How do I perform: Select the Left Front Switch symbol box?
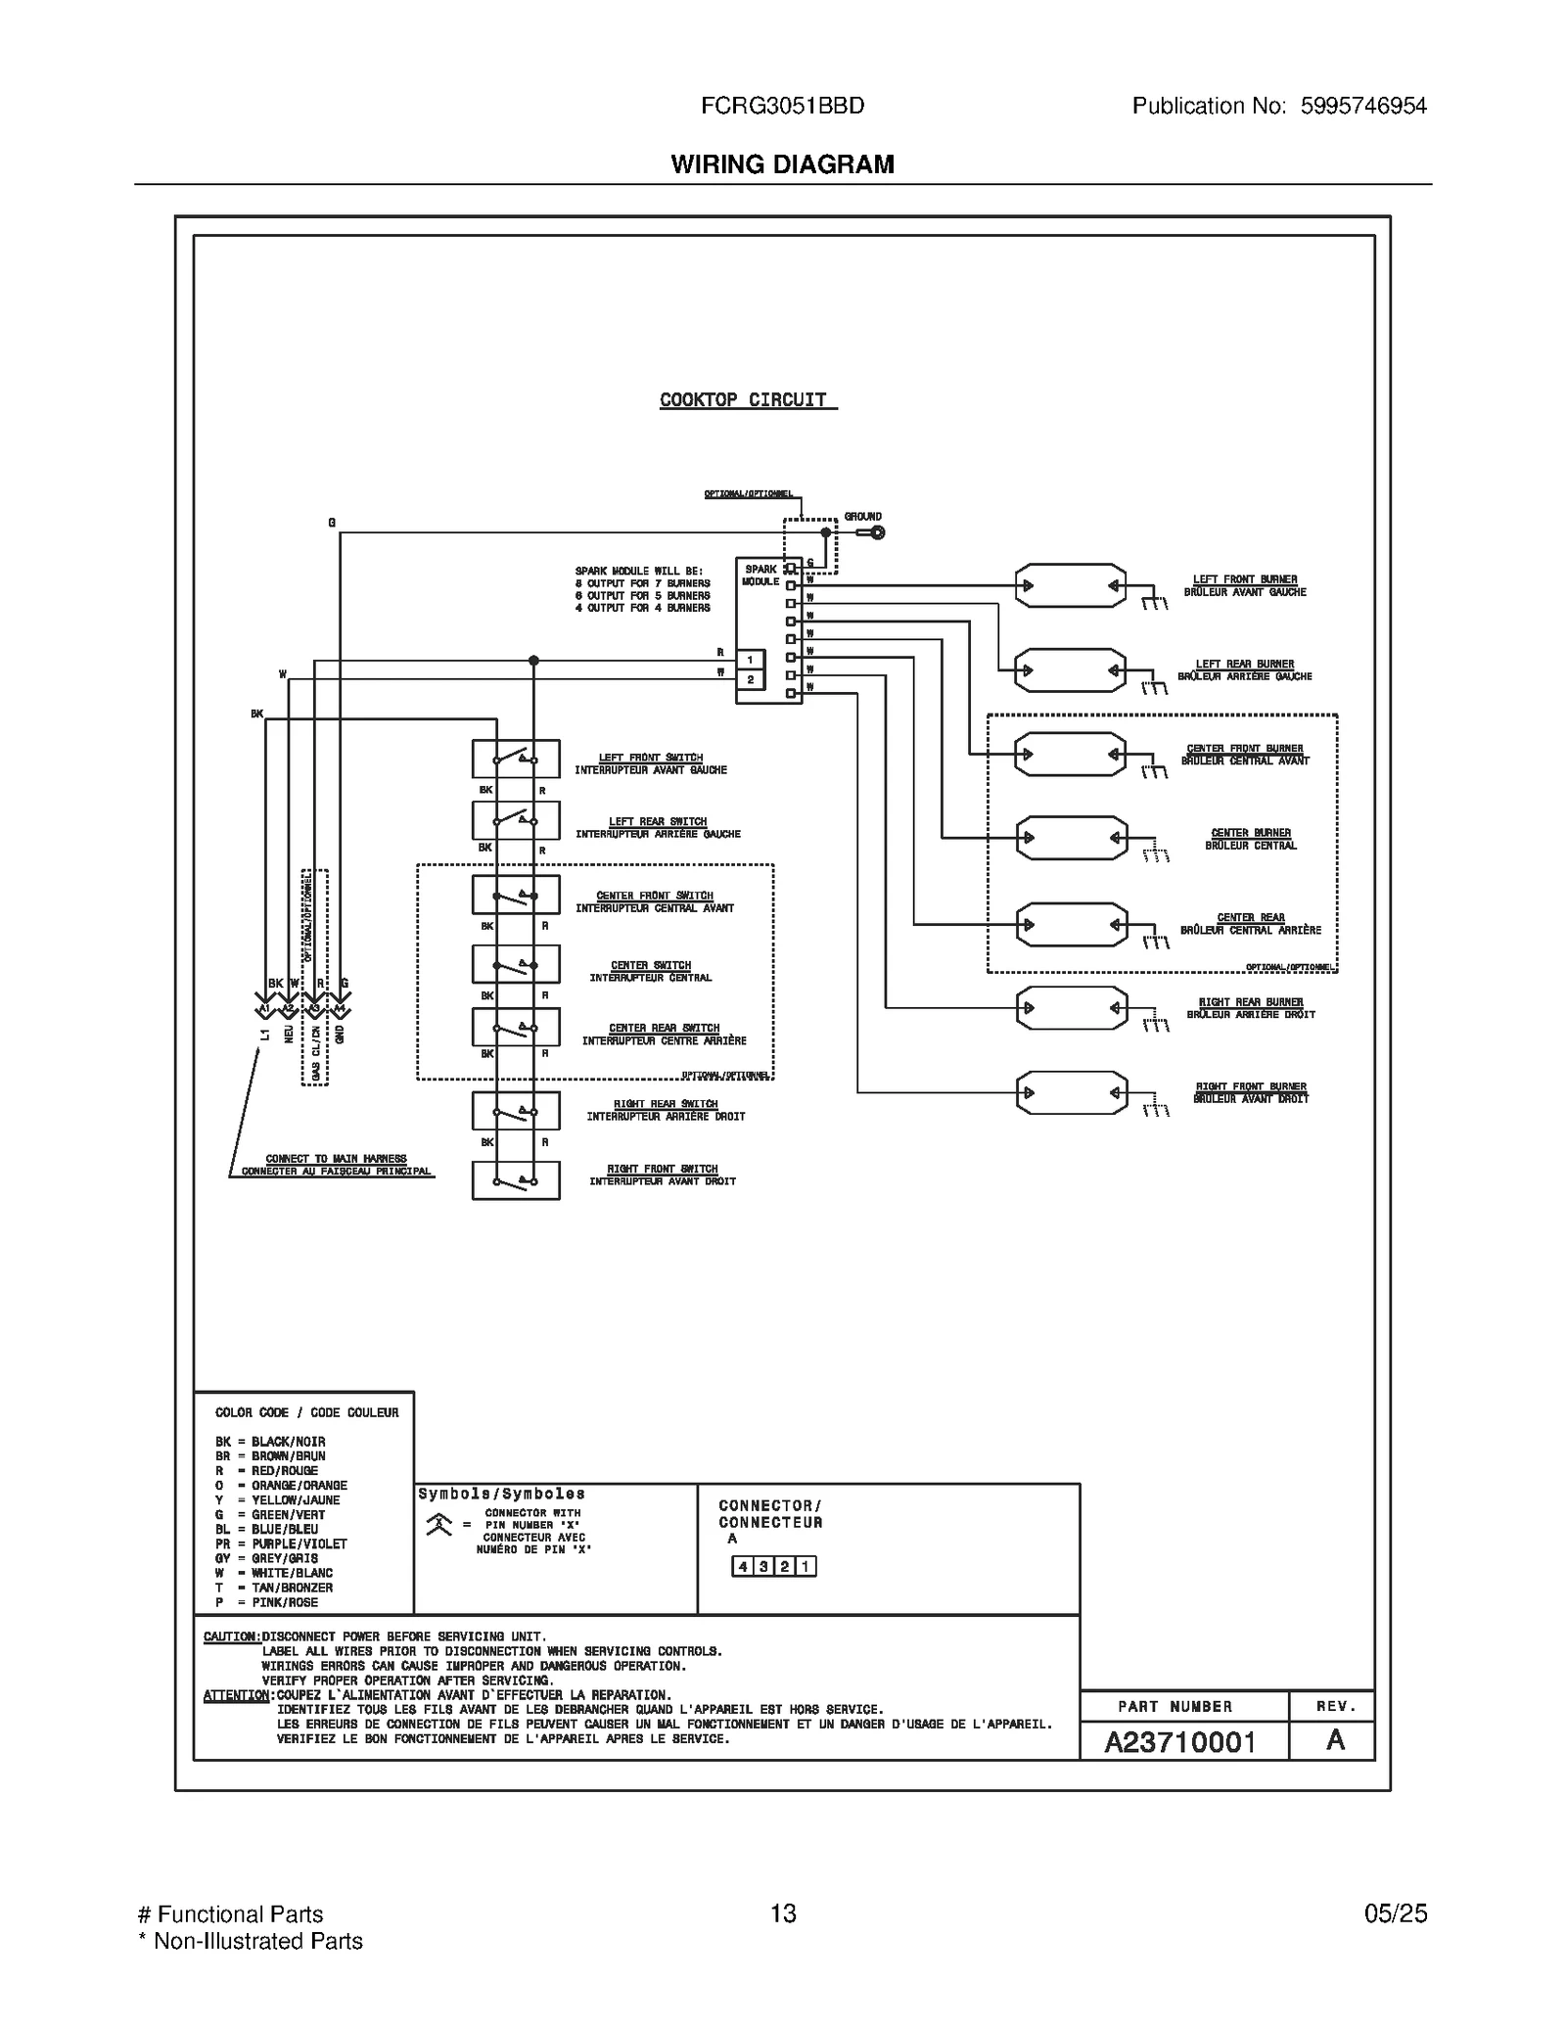[516, 759]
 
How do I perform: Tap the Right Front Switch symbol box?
[516, 1180]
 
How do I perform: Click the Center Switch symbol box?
[516, 964]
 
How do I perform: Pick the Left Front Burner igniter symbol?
[1071, 586]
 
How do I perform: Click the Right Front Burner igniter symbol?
[1071, 1093]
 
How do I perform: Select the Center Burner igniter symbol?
[1071, 838]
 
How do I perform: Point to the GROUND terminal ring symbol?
[877, 532]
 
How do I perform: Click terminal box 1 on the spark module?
[751, 661]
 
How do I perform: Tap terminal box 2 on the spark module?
[751, 679]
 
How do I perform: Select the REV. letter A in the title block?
[1334, 1741]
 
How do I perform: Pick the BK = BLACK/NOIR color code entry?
[270, 1442]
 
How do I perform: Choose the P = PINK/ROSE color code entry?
[266, 1602]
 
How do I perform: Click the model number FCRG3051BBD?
[782, 106]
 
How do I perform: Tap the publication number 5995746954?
[1362, 106]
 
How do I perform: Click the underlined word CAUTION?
[231, 1636]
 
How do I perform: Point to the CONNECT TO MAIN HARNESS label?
[336, 1159]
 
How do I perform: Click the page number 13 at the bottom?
[783, 1913]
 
